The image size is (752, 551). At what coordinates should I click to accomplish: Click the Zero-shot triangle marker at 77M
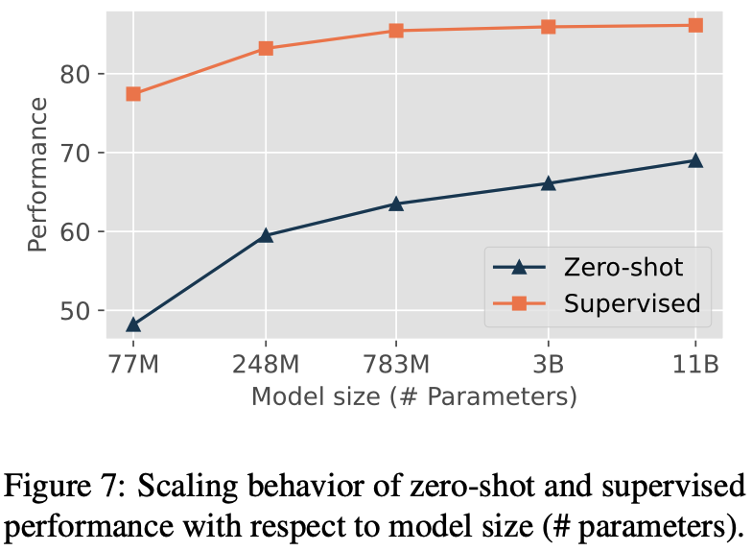click(x=133, y=324)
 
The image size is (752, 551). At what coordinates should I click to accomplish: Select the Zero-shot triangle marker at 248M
click(x=266, y=235)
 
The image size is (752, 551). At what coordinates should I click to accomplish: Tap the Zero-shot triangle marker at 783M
click(x=396, y=204)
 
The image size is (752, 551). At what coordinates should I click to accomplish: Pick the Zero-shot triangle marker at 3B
click(x=549, y=182)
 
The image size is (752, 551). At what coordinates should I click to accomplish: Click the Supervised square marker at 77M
click(x=133, y=94)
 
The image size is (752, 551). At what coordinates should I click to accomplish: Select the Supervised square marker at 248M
click(x=266, y=48)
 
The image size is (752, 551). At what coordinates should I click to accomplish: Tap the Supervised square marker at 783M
click(x=396, y=31)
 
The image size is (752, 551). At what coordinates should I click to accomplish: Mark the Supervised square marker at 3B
click(x=549, y=27)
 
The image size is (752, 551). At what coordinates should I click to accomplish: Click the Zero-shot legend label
click(x=624, y=265)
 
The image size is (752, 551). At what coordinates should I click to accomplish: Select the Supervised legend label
click(x=631, y=303)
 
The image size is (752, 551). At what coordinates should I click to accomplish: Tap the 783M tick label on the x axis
click(x=396, y=364)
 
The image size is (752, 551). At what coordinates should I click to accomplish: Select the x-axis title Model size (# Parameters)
click(x=413, y=396)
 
